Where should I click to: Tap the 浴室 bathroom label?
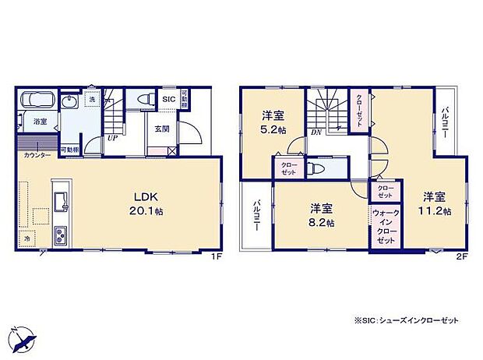coord(40,122)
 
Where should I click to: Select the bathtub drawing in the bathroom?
coord(38,101)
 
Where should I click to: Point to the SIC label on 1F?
coord(168,99)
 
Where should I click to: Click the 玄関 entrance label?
coord(161,129)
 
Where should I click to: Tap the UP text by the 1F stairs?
coord(113,137)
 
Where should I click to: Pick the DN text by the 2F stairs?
coord(318,133)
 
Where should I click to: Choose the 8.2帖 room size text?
coord(322,222)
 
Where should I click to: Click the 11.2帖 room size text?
coord(435,210)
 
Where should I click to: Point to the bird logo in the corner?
coord(22,340)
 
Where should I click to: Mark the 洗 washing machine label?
coord(90,99)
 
